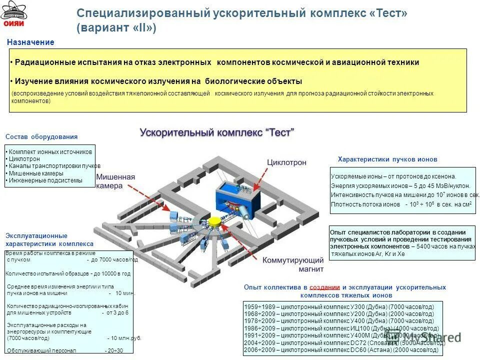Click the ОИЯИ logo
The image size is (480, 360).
pos(13,15)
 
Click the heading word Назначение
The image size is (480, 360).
pos(30,42)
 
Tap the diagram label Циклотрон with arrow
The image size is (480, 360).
pos(286,162)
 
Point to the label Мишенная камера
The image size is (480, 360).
pos(115,181)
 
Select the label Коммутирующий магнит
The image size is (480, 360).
pos(293,264)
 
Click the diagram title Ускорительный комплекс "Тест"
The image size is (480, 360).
pos(217,132)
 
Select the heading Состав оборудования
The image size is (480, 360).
pos(41,137)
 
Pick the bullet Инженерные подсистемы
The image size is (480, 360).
pos(45,180)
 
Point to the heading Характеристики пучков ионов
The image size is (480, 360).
pos(387,159)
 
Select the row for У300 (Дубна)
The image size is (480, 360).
pos(338,306)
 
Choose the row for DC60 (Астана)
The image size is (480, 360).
pos(338,350)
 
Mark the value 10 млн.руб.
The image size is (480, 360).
pos(126,338)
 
